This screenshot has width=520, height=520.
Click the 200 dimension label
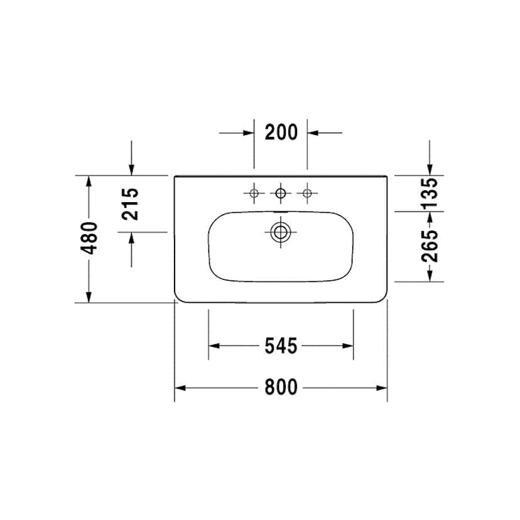280,133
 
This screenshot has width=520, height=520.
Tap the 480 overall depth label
89,238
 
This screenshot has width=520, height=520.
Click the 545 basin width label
280,345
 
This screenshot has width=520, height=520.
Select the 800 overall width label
280,387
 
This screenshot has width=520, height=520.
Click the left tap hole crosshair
254,193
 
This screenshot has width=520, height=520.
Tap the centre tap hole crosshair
281,193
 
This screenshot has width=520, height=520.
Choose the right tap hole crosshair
307,193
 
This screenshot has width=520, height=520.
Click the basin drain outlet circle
281,232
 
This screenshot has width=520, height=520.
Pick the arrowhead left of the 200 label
248,133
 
